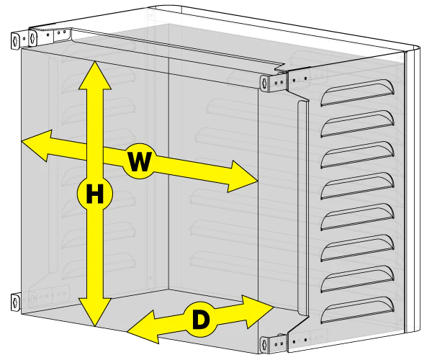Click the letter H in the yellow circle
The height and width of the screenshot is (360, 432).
[x=95, y=194]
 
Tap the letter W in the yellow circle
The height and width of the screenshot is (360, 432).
[x=140, y=161]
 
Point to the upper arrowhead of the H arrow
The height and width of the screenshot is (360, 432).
[x=95, y=75]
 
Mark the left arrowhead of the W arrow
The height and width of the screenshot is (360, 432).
[x=36, y=145]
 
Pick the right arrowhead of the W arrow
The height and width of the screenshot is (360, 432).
[x=243, y=176]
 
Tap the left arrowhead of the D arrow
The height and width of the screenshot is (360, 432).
[x=143, y=327]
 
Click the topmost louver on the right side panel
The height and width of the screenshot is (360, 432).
[x=358, y=93]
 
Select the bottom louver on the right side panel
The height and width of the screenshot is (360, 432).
[x=358, y=310]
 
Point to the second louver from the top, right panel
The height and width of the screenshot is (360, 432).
[x=358, y=124]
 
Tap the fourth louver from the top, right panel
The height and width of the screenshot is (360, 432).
[x=358, y=186]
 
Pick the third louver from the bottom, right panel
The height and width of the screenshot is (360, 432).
[x=358, y=248]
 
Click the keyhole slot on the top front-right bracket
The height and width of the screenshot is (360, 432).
[x=264, y=83]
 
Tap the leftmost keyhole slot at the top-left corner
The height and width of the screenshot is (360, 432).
[x=15, y=41]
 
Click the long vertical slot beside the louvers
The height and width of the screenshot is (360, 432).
[x=302, y=207]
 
